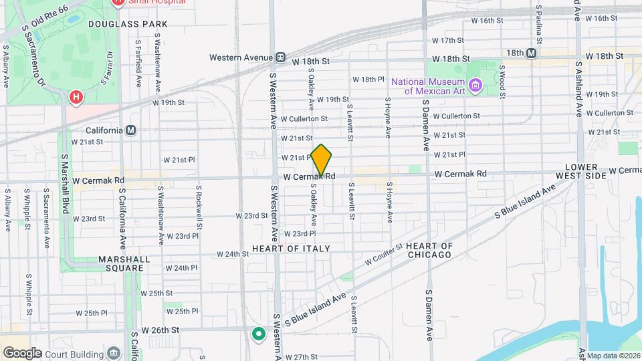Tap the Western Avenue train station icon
(281, 57)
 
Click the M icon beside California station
(131, 130)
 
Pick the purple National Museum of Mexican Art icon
(475, 85)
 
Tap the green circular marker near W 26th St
(258, 333)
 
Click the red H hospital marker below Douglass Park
(76, 98)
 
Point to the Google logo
(21, 352)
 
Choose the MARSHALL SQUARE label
(120, 263)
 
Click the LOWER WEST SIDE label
(586, 170)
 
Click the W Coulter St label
(383, 255)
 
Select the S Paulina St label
(539, 20)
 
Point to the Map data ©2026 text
(613, 355)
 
